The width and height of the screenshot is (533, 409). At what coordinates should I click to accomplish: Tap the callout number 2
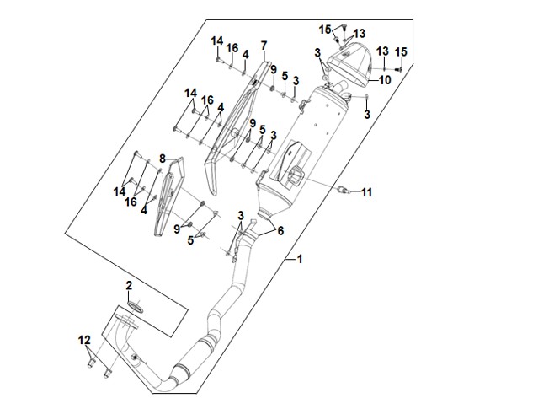pos(130,287)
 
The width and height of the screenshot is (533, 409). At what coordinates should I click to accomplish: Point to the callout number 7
pos(264,45)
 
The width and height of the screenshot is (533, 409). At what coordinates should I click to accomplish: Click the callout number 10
pos(385,81)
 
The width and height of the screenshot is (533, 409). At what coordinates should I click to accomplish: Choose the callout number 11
pos(366,193)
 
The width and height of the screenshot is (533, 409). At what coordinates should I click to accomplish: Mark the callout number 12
pos(84,340)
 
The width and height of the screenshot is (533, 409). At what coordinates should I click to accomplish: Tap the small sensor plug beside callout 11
pos(343,191)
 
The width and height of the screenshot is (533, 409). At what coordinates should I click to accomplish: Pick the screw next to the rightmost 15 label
pos(398,68)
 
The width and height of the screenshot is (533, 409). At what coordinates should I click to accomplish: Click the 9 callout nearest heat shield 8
pos(177,229)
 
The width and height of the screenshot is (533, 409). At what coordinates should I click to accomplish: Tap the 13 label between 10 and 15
pos(381,51)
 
